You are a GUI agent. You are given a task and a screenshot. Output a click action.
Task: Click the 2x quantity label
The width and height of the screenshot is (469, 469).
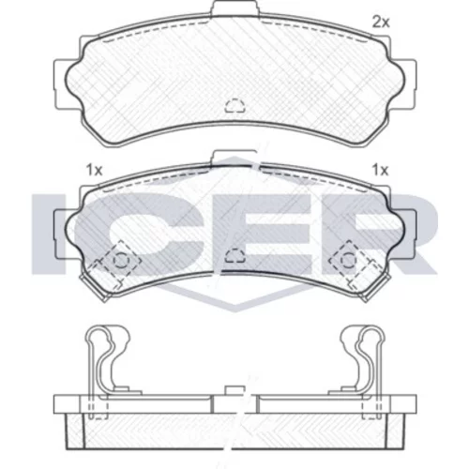[381, 23]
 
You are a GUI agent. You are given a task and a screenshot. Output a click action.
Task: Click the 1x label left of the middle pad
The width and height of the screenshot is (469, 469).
[94, 171]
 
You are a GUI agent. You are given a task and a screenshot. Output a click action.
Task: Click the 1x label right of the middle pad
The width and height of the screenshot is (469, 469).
[380, 171]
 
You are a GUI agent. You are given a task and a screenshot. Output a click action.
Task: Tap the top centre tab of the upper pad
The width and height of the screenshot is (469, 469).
[235, 7]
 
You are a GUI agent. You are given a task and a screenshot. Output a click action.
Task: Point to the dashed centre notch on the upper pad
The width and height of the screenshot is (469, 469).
[235, 106]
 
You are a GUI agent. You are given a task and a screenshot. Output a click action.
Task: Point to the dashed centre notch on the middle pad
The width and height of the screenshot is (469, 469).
[235, 255]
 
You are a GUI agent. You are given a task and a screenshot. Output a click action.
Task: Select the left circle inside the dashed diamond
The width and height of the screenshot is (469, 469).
[121, 260]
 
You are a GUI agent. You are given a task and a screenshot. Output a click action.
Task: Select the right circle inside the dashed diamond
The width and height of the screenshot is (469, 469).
[348, 260]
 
